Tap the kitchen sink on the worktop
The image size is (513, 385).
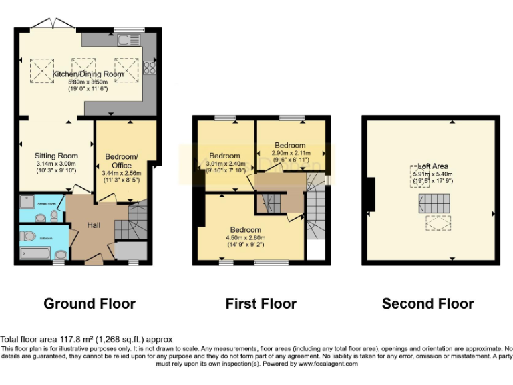tap(126, 40)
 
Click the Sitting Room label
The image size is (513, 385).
tap(56, 156)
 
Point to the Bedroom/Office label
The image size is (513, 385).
tap(122, 161)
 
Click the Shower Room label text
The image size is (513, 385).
tap(47, 202)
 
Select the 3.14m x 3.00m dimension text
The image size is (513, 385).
tap(56, 164)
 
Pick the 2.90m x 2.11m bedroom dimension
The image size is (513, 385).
tap(290, 154)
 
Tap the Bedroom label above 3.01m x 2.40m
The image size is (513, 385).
tap(224, 156)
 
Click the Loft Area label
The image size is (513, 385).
tap(428, 166)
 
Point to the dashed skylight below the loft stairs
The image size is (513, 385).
tap(438, 225)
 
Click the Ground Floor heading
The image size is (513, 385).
tap(90, 304)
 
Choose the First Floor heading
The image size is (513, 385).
tap(261, 304)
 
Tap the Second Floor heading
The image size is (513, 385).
tap(427, 304)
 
